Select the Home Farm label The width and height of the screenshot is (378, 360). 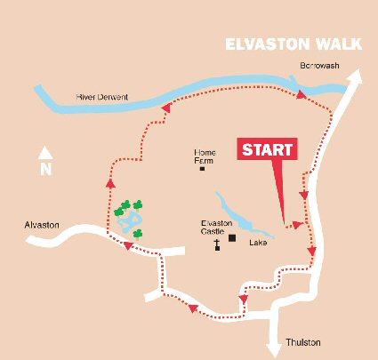click(x=205, y=156)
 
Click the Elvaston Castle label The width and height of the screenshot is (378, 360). click(x=216, y=227)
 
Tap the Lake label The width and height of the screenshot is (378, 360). click(x=258, y=243)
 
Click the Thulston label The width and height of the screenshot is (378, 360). click(x=302, y=342)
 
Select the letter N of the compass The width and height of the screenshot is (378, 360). click(x=45, y=168)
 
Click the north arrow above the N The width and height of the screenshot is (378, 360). click(x=45, y=152)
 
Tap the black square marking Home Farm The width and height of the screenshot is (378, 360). click(x=202, y=169)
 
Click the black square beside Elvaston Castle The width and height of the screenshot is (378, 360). click(x=233, y=237)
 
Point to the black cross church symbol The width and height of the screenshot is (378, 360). click(x=216, y=244)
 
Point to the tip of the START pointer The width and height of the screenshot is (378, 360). click(x=284, y=222)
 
